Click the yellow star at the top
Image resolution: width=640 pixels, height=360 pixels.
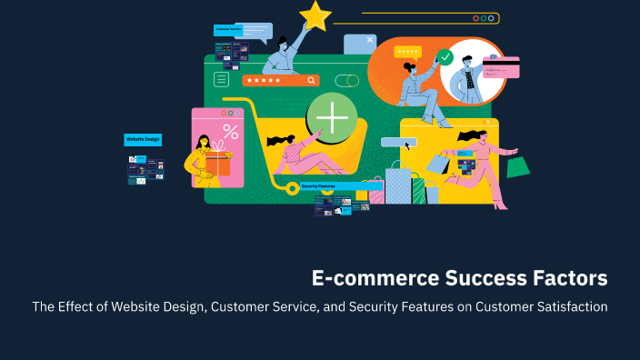pyautogui.click(x=315, y=15)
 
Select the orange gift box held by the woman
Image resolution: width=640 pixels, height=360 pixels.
pyautogui.click(x=217, y=164)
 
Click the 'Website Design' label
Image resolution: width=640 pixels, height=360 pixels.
pyautogui.click(x=143, y=140)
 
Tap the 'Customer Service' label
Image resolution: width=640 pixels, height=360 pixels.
pyautogui.click(x=229, y=30)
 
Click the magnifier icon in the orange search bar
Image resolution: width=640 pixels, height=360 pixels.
pyautogui.click(x=312, y=80)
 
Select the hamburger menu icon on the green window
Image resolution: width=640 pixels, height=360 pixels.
pyautogui.click(x=221, y=80)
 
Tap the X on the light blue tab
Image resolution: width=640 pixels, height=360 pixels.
pyautogui.click(x=370, y=40)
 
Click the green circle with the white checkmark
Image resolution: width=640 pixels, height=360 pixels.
pyautogui.click(x=445, y=57)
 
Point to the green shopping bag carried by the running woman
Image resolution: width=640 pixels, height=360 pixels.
pyautogui.click(x=517, y=165)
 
